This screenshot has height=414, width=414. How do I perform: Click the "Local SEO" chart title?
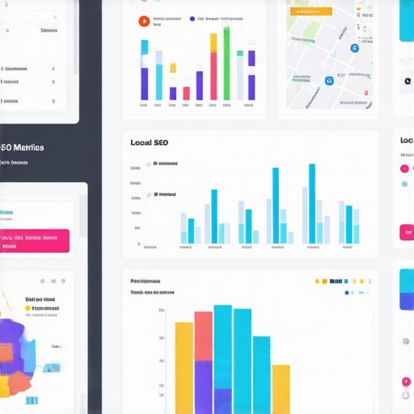(150, 142)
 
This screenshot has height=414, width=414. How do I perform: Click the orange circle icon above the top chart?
(143, 19)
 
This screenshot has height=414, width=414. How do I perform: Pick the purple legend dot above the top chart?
(192, 19)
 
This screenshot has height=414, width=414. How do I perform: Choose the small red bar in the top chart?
(186, 93)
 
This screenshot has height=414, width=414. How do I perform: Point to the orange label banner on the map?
(311, 11)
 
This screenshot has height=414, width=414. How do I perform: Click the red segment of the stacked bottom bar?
(203, 336)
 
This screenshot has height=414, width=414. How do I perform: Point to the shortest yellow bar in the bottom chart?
(281, 389)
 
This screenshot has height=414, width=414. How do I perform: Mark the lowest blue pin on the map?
(328, 81)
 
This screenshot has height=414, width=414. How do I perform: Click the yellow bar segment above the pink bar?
(213, 43)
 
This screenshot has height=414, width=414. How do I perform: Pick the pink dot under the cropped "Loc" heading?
(404, 168)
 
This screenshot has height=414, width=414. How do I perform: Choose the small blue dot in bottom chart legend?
(347, 293)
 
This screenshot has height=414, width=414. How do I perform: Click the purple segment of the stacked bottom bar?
(203, 387)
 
